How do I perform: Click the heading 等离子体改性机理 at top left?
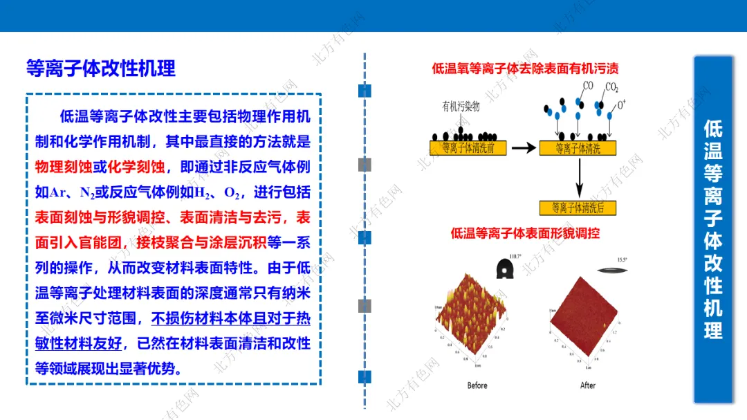pyautogui.click(x=101, y=68)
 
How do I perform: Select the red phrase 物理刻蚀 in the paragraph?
pyautogui.click(x=63, y=167)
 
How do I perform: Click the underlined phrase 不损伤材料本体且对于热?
pyautogui.click(x=231, y=319)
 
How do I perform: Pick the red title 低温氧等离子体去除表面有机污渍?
pyautogui.click(x=525, y=68)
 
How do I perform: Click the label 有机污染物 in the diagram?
pyautogui.click(x=461, y=107)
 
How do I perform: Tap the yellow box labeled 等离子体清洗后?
pyautogui.click(x=577, y=208)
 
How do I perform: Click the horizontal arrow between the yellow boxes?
pyautogui.click(x=523, y=147)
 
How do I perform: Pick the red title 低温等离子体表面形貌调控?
pyautogui.click(x=525, y=233)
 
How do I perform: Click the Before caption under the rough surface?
pyautogui.click(x=477, y=385)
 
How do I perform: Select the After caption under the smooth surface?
pyautogui.click(x=588, y=385)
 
